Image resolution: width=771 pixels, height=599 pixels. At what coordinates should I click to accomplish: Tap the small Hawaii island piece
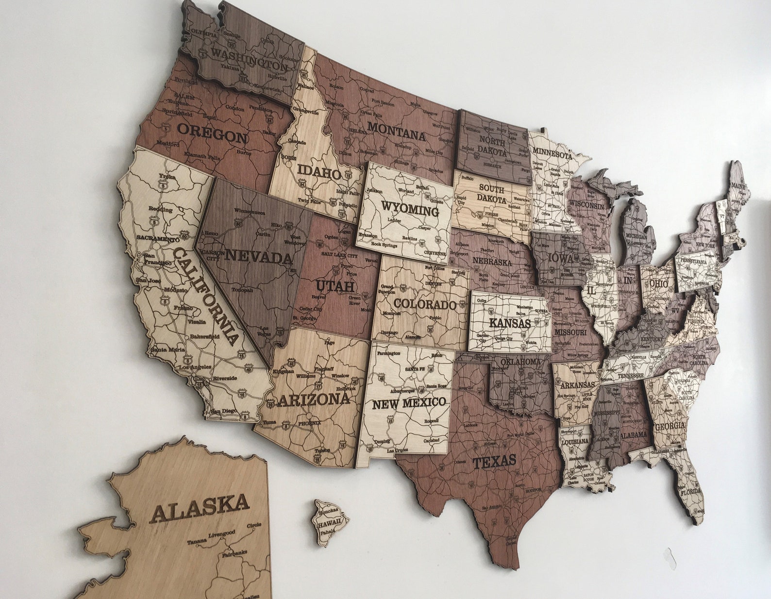tap(331, 522)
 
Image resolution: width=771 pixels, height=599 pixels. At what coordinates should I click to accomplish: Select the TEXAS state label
tap(494, 462)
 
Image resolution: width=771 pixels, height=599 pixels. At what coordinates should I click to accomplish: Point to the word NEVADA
tap(259, 256)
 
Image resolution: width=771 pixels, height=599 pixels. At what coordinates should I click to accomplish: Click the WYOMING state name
tap(410, 210)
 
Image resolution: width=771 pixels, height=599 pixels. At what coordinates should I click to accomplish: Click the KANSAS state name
tap(509, 323)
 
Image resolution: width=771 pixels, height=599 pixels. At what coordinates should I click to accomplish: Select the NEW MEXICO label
tap(408, 403)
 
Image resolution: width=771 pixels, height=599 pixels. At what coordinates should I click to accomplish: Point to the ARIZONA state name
tap(314, 400)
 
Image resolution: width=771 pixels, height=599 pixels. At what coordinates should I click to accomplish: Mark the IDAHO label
tap(319, 171)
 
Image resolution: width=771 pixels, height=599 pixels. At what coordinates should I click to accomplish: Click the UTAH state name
tap(335, 286)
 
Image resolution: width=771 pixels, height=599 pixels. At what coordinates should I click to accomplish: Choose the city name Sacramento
tap(158, 238)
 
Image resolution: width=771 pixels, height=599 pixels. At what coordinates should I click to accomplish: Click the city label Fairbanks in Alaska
tap(235, 553)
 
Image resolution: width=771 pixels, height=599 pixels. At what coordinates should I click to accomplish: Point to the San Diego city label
tap(224, 411)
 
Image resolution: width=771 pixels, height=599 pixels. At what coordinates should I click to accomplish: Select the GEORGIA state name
tap(670, 427)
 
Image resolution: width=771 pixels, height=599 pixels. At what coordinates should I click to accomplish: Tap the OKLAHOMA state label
tap(520, 362)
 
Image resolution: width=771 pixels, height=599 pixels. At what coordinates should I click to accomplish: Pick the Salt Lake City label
tap(339, 256)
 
